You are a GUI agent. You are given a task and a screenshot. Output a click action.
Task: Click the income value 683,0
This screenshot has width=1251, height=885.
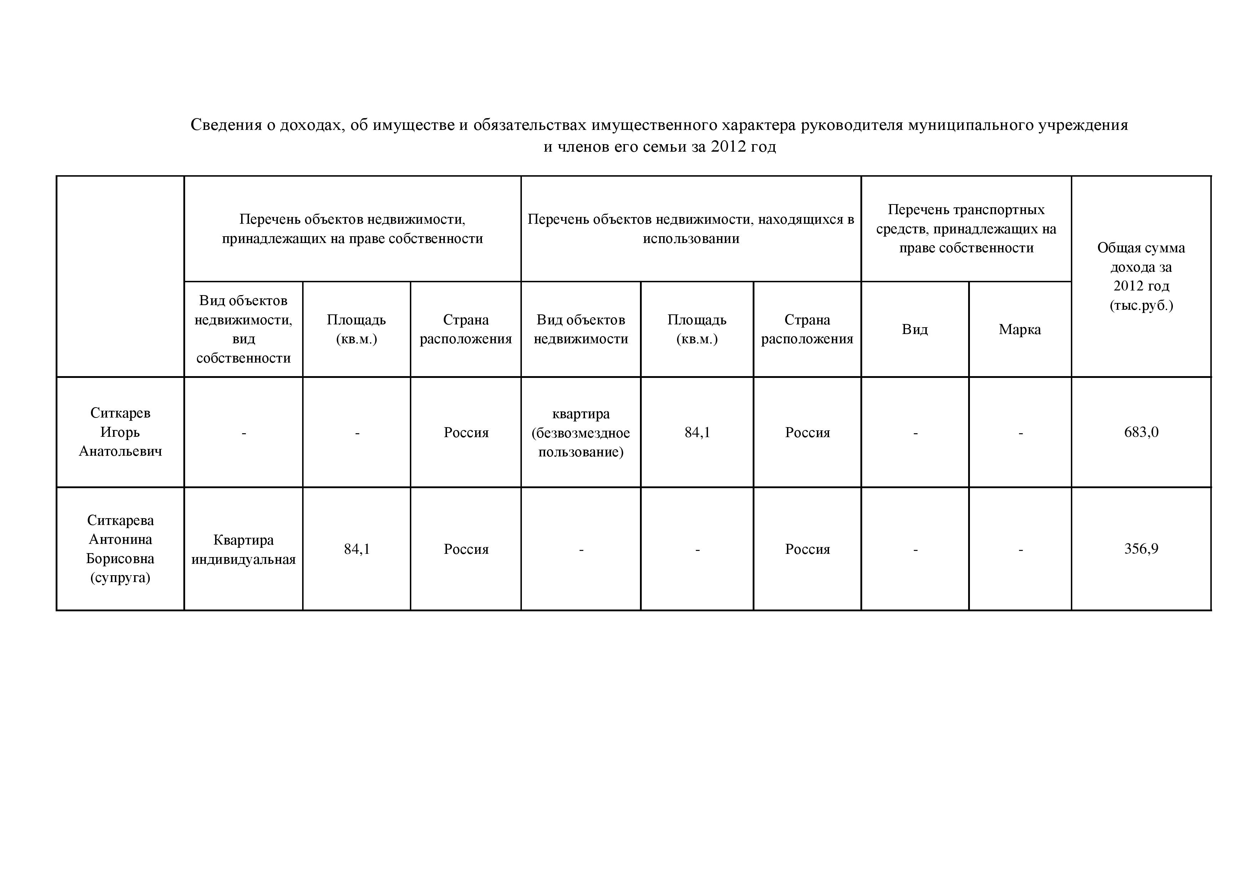coord(1141,432)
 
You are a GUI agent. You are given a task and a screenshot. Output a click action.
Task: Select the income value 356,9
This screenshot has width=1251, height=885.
coord(1141,549)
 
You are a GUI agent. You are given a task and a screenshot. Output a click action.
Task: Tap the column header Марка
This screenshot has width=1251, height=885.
coord(1019,329)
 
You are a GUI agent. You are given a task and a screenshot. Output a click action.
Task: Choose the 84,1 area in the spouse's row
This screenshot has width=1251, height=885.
coord(356,549)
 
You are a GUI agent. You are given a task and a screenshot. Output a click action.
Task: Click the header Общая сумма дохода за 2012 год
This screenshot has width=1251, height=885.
coord(1141,276)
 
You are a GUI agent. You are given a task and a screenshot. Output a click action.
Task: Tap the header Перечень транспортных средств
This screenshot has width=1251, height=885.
coord(966,229)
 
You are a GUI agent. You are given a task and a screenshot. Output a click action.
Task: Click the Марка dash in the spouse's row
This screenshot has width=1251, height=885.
coord(1020,549)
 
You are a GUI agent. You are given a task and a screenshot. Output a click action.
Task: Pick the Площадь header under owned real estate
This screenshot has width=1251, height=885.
coord(356,329)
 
